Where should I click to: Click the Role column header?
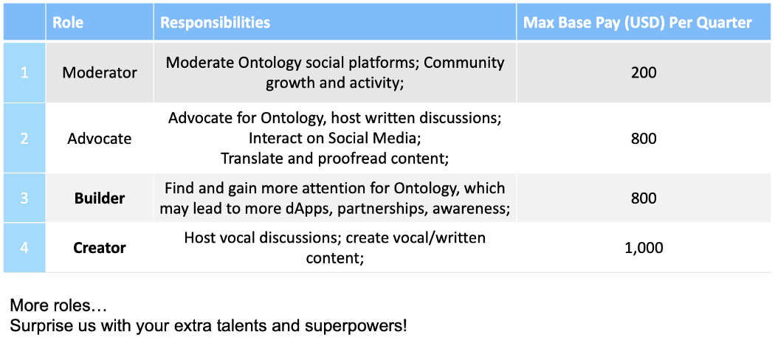[x=68, y=23]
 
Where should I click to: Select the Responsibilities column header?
[x=216, y=23]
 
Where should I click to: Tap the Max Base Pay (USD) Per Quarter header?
[x=638, y=23]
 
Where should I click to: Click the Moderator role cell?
[x=100, y=73]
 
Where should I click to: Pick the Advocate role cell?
[x=100, y=139]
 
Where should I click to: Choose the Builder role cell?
[x=100, y=198]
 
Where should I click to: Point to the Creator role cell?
[x=100, y=247]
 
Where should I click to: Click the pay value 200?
[x=644, y=73]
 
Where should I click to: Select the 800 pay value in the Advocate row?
[x=644, y=139]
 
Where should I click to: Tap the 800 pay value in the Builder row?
[x=644, y=198]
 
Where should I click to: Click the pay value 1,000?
[x=644, y=247]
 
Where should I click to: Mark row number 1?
[x=24, y=73]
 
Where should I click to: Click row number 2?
[x=24, y=139]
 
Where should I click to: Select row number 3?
[x=24, y=198]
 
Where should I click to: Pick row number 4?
[x=24, y=247]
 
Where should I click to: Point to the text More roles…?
[x=58, y=306]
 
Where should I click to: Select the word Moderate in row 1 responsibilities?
[x=202, y=63]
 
